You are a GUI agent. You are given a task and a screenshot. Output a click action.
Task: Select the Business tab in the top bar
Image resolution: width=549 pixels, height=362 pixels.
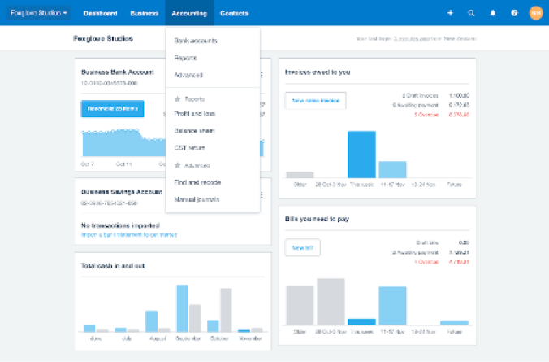144,13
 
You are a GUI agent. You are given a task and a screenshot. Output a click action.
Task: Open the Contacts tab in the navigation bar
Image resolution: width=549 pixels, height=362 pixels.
234,13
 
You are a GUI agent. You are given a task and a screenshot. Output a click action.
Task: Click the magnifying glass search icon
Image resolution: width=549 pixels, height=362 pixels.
472,13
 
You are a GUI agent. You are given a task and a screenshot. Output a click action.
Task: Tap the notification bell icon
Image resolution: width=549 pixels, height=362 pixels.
493,13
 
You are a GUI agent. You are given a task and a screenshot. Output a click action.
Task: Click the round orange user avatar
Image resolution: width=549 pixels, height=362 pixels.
535,13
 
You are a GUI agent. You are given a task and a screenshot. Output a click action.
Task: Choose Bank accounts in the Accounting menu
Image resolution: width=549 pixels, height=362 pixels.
196,40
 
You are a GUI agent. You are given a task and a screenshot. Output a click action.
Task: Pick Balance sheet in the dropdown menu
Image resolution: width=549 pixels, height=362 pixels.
194,130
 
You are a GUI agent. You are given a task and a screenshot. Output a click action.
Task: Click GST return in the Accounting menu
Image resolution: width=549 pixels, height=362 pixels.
190,148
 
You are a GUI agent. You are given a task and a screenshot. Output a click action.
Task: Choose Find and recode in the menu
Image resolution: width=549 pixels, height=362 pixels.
197,181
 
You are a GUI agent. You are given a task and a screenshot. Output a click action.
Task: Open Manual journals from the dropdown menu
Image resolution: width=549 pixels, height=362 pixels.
197,199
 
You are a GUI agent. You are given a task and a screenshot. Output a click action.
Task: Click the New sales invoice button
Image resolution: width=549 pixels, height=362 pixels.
315,100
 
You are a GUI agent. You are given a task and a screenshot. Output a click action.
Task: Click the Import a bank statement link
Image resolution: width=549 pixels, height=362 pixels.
128,235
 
